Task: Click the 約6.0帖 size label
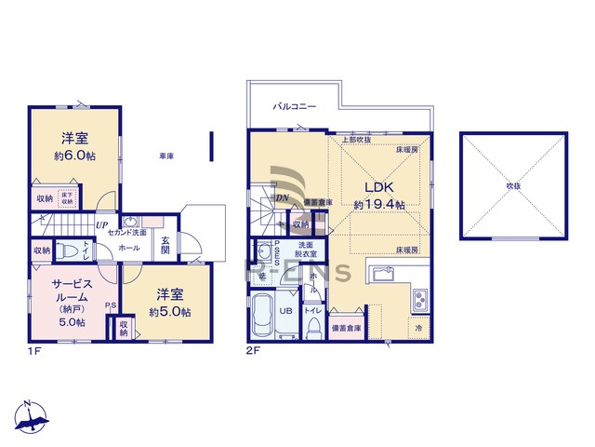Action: [74, 156]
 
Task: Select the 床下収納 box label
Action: [67, 198]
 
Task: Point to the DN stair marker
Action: [282, 197]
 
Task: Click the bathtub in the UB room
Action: [262, 317]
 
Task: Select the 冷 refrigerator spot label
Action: [418, 329]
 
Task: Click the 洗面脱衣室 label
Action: [306, 249]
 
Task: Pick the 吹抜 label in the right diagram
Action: [512, 185]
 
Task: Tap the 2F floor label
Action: [251, 351]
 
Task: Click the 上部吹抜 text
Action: [354, 140]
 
